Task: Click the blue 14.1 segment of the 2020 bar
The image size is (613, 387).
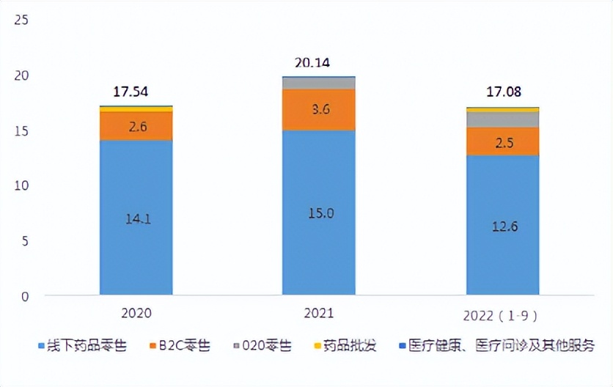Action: coord(136,217)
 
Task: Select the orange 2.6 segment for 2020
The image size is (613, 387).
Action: coord(136,126)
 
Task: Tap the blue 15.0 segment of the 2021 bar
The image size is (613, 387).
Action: coord(319,213)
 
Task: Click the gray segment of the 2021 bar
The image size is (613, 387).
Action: coord(319,83)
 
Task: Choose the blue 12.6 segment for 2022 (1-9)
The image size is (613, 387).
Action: coord(503,226)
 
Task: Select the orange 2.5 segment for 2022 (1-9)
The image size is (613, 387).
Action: coord(503,141)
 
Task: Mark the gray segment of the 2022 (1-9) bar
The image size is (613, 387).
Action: coord(503,119)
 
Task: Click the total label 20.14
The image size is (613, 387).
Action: coord(312,63)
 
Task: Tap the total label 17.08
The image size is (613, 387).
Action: coord(503,94)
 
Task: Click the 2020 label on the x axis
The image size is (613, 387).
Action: coord(136,313)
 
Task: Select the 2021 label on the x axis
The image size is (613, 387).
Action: coord(319,313)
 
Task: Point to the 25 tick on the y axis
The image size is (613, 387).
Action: coord(21,21)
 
